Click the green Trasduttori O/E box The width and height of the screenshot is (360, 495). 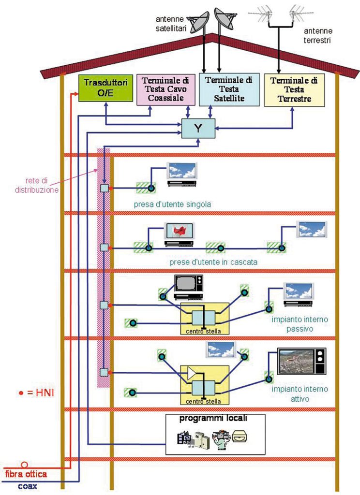pyautogui.click(x=104, y=88)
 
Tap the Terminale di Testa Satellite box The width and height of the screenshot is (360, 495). pyautogui.click(x=229, y=89)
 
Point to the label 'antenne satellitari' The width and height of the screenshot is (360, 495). pyautogui.click(x=171, y=24)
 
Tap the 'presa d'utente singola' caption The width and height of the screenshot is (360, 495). pyautogui.click(x=172, y=204)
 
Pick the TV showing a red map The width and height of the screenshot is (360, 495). pyautogui.click(x=179, y=233)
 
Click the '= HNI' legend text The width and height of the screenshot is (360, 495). pyautogui.click(x=38, y=393)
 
